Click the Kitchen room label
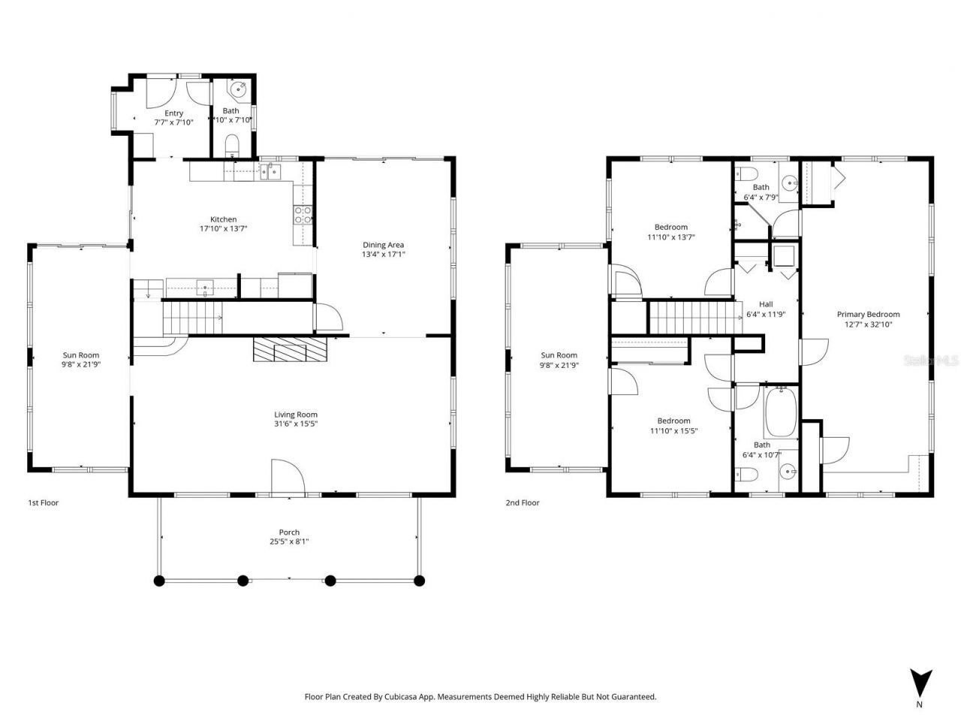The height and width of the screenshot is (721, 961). click(223, 219)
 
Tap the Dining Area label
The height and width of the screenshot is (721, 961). click(384, 245)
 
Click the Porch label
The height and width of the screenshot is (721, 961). click(289, 532)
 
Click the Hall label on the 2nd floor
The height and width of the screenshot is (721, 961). click(765, 304)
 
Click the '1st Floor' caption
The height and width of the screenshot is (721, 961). click(43, 503)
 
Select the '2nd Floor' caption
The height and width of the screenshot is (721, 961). click(522, 503)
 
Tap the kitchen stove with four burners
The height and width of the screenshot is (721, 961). click(302, 216)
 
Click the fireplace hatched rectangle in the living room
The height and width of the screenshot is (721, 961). click(291, 350)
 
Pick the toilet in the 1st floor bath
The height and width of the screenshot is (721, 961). click(232, 144)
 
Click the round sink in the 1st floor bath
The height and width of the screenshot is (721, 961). click(239, 90)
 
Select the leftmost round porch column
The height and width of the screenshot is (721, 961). click(158, 581)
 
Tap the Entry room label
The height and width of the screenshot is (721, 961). click(173, 113)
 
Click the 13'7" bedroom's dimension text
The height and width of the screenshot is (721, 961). click(670, 237)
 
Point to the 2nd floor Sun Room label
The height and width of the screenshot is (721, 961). click(559, 355)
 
